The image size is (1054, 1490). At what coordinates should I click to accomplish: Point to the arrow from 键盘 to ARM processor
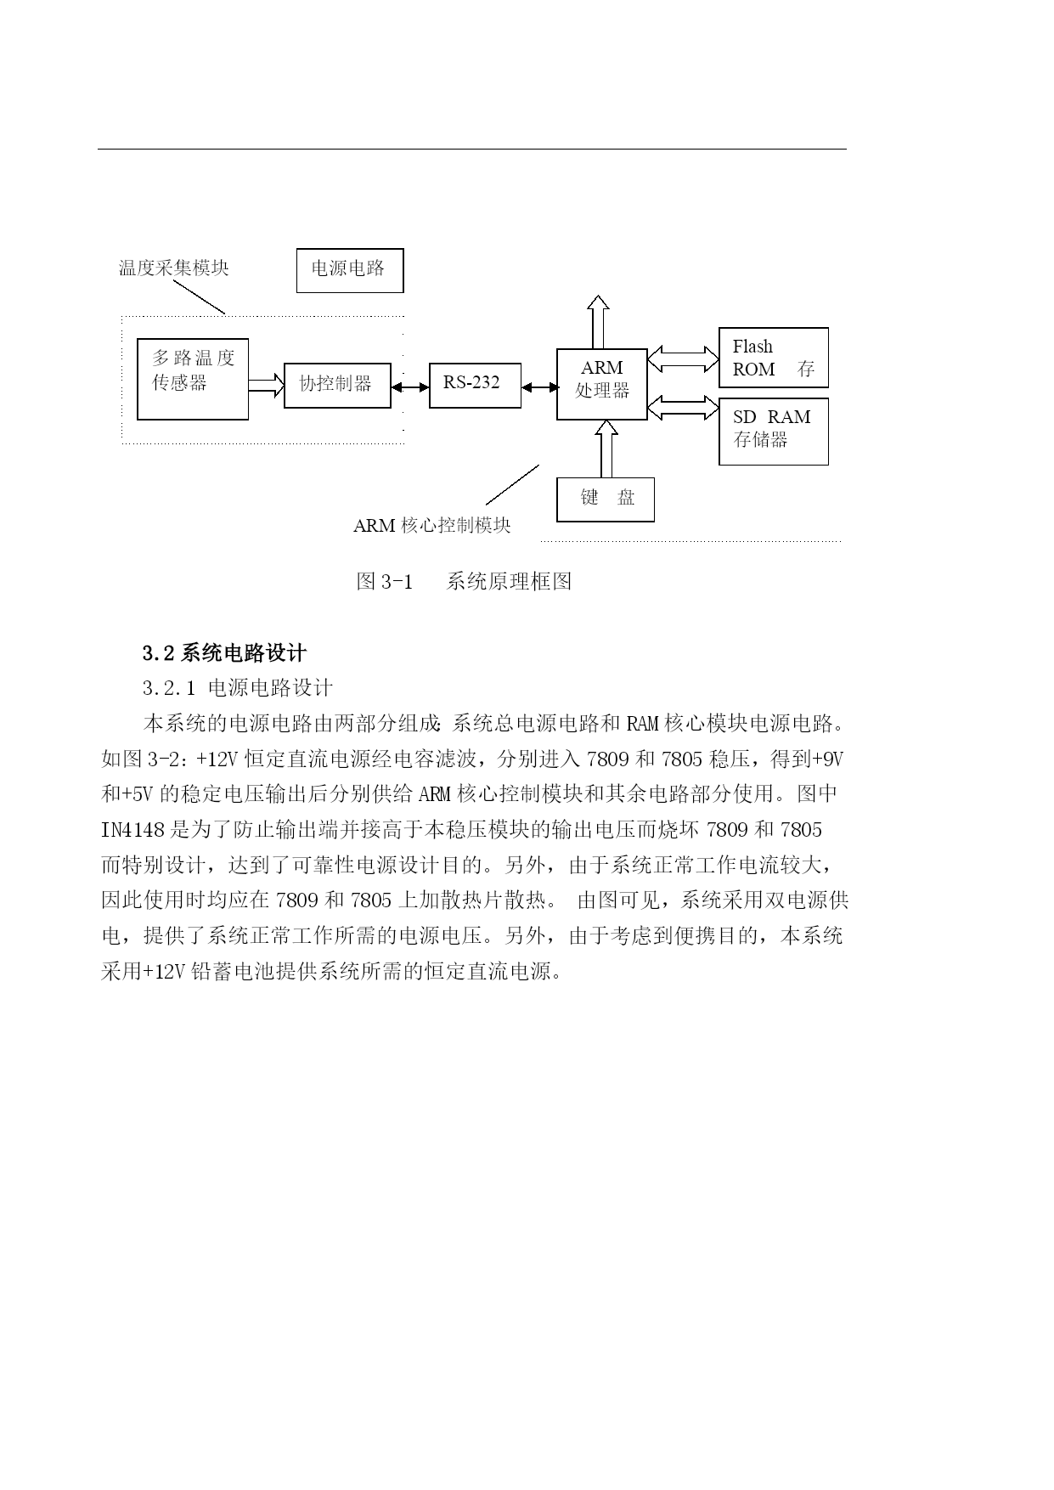point(606,449)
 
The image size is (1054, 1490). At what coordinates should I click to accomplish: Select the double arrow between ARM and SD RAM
point(683,408)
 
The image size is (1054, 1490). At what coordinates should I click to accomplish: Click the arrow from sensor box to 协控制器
point(266,386)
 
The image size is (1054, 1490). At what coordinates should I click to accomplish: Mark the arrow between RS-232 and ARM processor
point(538,387)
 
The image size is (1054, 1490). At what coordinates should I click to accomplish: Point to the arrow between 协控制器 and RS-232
point(410,387)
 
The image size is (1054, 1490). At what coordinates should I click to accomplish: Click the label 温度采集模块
point(173,268)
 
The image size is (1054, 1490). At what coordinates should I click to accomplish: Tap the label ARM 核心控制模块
point(432,525)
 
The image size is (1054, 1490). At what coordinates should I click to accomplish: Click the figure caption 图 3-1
point(385,581)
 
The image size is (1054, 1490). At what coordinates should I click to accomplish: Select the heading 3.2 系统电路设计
point(224,653)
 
